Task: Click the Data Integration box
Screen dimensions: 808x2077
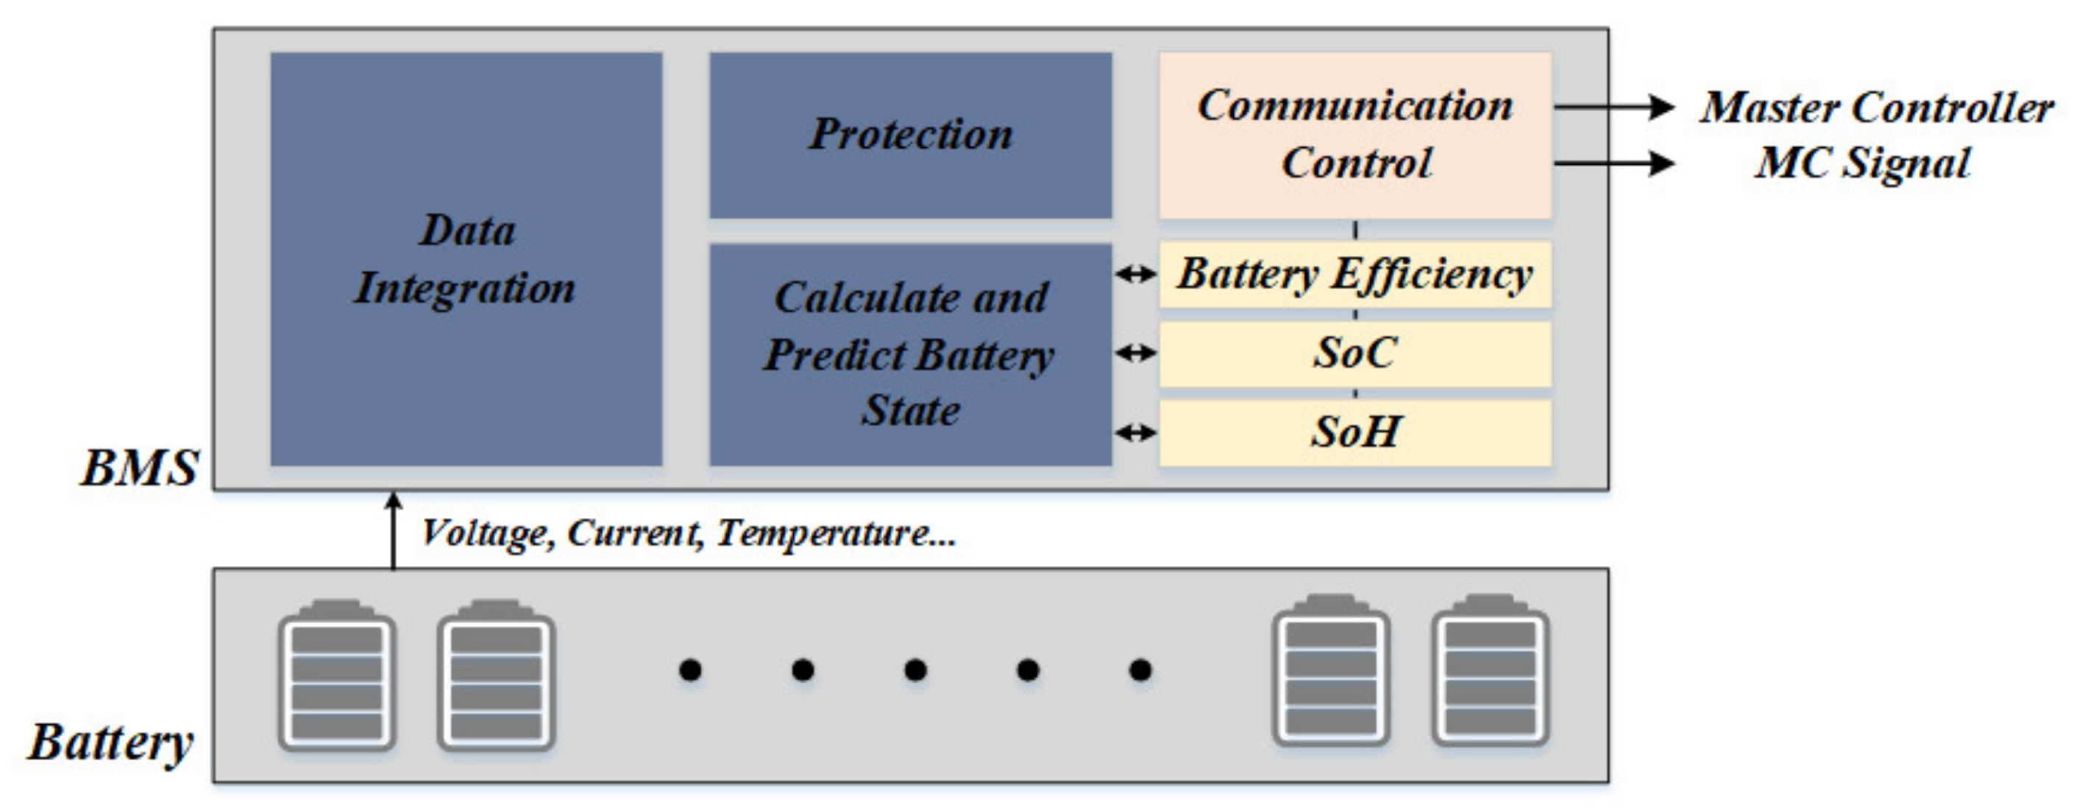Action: (466, 259)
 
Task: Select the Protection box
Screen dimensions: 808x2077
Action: (910, 135)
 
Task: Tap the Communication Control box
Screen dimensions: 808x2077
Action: (1355, 135)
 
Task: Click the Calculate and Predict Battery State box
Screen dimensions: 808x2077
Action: (910, 354)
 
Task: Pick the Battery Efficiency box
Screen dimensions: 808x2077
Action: (1355, 274)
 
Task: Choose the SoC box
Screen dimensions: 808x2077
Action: (1355, 353)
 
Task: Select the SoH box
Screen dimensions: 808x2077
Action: (1355, 432)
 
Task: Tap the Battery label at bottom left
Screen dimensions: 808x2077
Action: (111, 742)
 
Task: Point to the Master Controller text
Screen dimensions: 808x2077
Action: (1877, 107)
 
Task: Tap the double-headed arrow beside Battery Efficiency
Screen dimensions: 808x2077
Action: (1136, 274)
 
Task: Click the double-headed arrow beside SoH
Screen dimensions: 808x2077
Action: (1136, 433)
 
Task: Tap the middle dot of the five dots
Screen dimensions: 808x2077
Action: (915, 670)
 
